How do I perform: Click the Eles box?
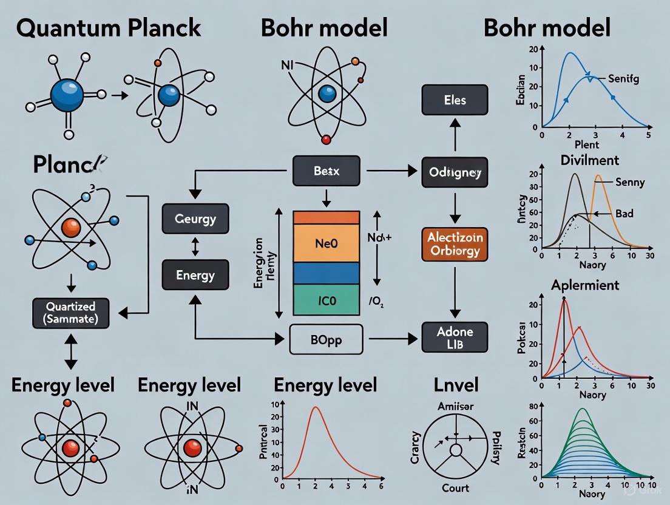tap(455, 100)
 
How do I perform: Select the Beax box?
tap(326, 171)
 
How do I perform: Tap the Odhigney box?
tap(455, 173)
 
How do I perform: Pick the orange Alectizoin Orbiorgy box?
tap(455, 243)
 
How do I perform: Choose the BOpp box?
tap(326, 339)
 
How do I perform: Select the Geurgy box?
tap(195, 219)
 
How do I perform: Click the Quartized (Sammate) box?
tap(70, 312)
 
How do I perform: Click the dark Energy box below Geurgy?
tap(195, 275)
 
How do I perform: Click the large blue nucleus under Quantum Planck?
tap(67, 95)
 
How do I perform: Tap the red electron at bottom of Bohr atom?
tap(326, 140)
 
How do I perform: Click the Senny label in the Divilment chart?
tap(630, 181)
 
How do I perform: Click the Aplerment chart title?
tap(584, 285)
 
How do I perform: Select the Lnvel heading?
tap(456, 384)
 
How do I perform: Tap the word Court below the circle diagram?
tap(455, 487)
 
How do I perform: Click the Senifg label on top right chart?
tap(626, 79)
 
